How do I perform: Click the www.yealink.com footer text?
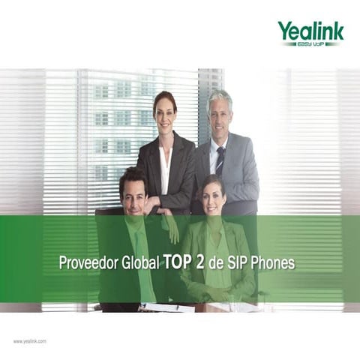[30, 341]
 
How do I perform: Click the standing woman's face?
[164, 109]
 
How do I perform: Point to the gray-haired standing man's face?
[220, 109]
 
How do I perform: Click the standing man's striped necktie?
[220, 159]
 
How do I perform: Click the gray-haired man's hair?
[220, 95]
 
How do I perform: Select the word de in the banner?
[220, 264]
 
